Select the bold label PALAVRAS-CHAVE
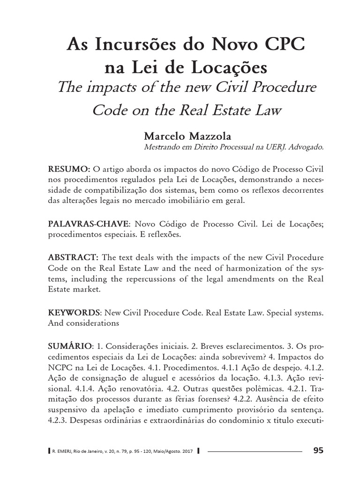83,224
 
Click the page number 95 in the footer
318,451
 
